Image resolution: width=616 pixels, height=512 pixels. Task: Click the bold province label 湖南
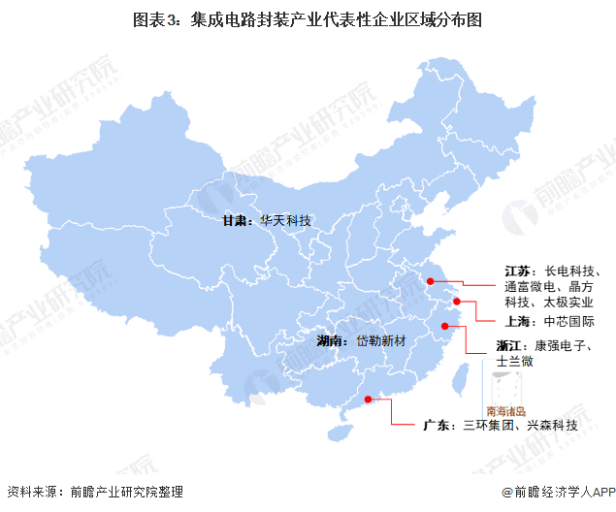tap(330, 341)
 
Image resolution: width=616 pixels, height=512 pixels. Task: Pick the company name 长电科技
tap(571, 270)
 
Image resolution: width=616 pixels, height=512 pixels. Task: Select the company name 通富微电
tap(530, 287)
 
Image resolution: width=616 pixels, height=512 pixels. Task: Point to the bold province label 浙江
tap(510, 345)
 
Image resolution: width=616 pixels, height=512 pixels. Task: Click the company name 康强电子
tap(562, 345)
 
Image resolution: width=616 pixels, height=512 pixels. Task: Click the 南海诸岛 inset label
tap(505, 410)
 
